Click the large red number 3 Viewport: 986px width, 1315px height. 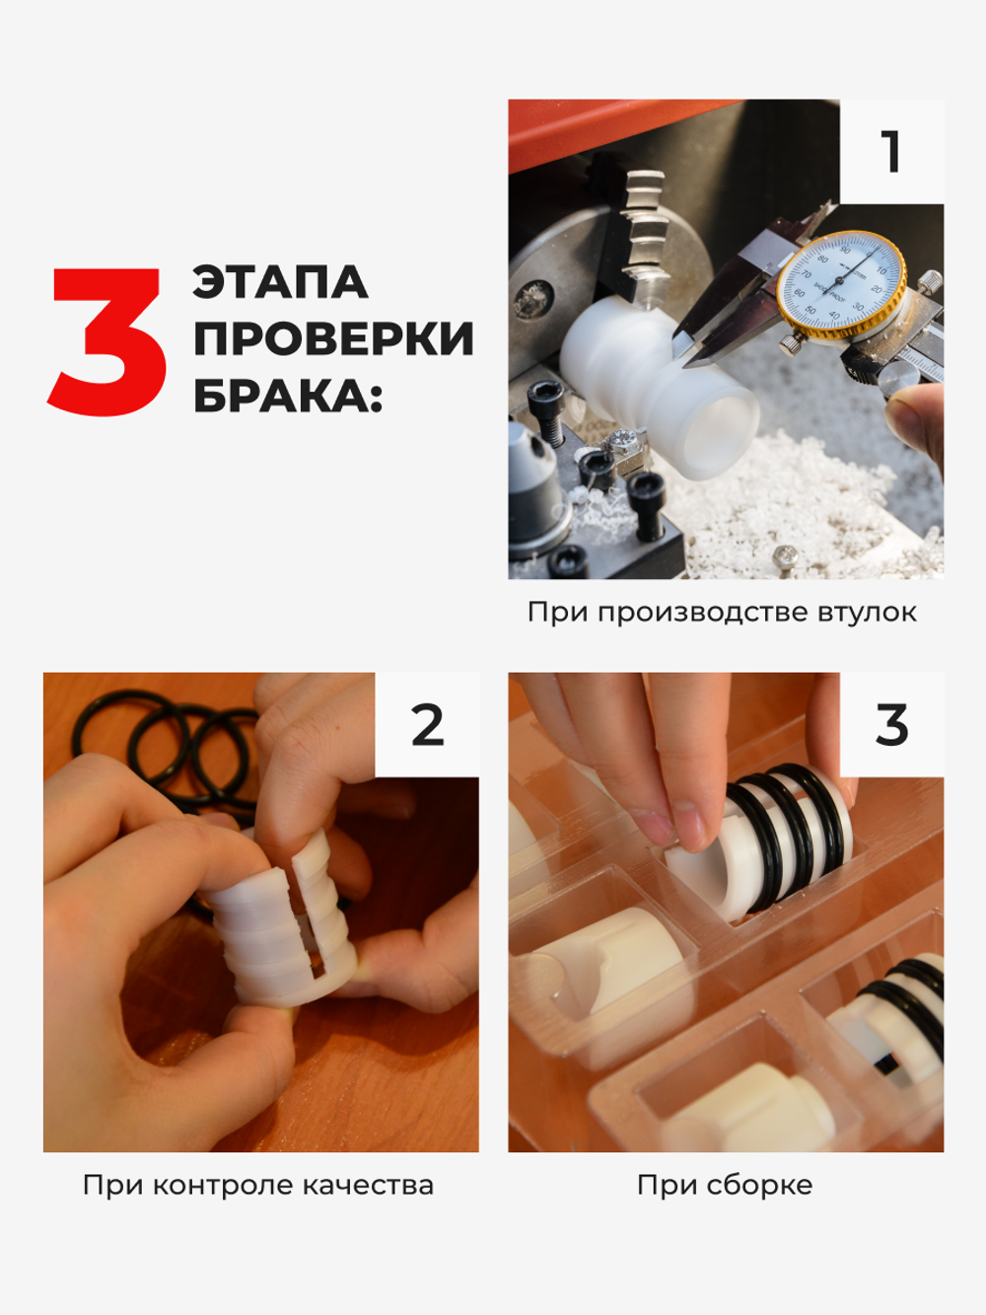(106, 341)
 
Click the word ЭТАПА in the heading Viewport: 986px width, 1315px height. (280, 283)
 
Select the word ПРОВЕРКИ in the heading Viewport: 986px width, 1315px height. (333, 339)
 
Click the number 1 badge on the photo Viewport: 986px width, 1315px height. (891, 152)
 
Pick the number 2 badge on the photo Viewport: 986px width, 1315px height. (427, 725)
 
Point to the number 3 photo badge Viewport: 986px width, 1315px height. (891, 725)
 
